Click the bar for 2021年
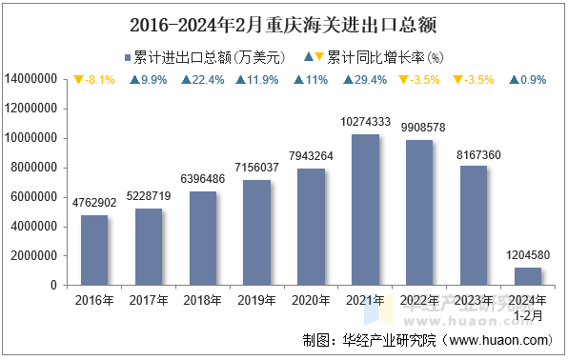pyautogui.click(x=366, y=210)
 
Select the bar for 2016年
pyautogui.click(x=94, y=250)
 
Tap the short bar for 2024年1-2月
pyautogui.click(x=528, y=276)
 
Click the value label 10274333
pyautogui.click(x=366, y=122)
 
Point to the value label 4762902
pyautogui.click(x=94, y=203)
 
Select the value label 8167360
pyautogui.click(x=474, y=153)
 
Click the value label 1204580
pyautogui.click(x=528, y=255)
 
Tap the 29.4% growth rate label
pyautogui.click(x=366, y=80)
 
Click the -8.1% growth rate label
pyautogui.click(x=94, y=80)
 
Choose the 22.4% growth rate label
pyautogui.click(x=203, y=80)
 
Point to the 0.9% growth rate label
pyautogui.click(x=528, y=80)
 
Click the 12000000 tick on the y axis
pyautogui.click(x=34, y=109)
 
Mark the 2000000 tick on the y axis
pyautogui.click(x=38, y=255)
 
